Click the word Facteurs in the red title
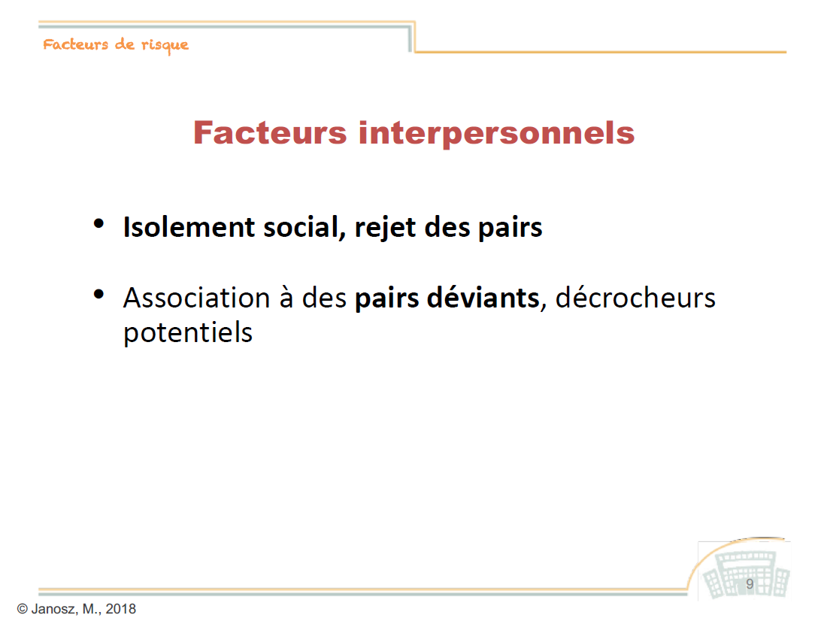pos(270,132)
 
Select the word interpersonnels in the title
pos(497,134)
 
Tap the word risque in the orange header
pos(165,46)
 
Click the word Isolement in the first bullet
pos(189,228)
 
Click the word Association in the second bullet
pos(197,298)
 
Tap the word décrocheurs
pos(635,298)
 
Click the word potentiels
pos(188,332)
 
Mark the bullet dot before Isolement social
pos(98,224)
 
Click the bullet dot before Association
pos(98,294)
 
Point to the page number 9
pos(750,584)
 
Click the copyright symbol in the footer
pos(22,608)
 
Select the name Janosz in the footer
pos(55,608)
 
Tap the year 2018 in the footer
pos(121,608)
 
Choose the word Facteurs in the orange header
pos(76,44)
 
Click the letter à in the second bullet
pos(286,298)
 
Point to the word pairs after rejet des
pos(510,229)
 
